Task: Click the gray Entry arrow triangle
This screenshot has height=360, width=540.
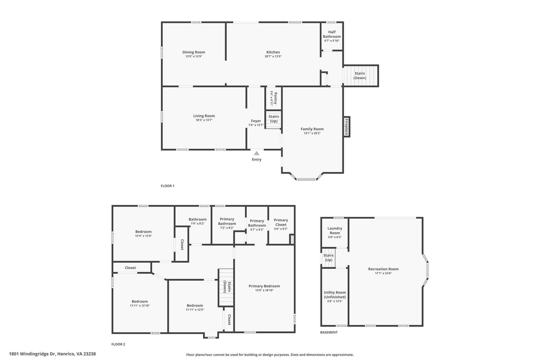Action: pyautogui.click(x=257, y=153)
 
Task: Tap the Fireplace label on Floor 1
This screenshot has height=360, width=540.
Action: pyautogui.click(x=346, y=127)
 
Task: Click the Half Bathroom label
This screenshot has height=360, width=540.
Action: pyautogui.click(x=332, y=34)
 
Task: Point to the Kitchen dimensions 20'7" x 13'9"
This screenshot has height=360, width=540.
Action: pyautogui.click(x=273, y=56)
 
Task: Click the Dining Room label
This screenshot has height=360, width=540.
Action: pyautogui.click(x=194, y=52)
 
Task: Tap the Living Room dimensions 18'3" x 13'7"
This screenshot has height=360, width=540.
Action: pyautogui.click(x=204, y=120)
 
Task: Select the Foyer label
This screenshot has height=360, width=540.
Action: pyautogui.click(x=256, y=121)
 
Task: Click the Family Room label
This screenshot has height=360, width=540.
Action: pyautogui.click(x=312, y=129)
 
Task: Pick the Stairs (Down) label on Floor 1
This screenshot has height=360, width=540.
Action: pyautogui.click(x=360, y=76)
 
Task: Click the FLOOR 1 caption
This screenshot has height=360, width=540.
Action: pyautogui.click(x=167, y=186)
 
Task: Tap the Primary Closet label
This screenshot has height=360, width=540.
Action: pyautogui.click(x=281, y=222)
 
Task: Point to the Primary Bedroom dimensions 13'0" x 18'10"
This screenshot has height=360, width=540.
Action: pyautogui.click(x=264, y=290)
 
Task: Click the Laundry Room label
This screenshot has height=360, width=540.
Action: pyautogui.click(x=335, y=231)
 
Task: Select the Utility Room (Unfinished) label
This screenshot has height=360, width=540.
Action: pyautogui.click(x=335, y=295)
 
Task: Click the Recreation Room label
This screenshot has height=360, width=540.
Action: pyautogui.click(x=383, y=269)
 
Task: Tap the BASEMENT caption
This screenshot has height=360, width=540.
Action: pyautogui.click(x=329, y=332)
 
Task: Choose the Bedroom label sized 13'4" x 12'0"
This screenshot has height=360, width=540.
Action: pyautogui.click(x=143, y=232)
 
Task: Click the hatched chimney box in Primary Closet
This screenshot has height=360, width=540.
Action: pyautogui.click(x=292, y=240)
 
